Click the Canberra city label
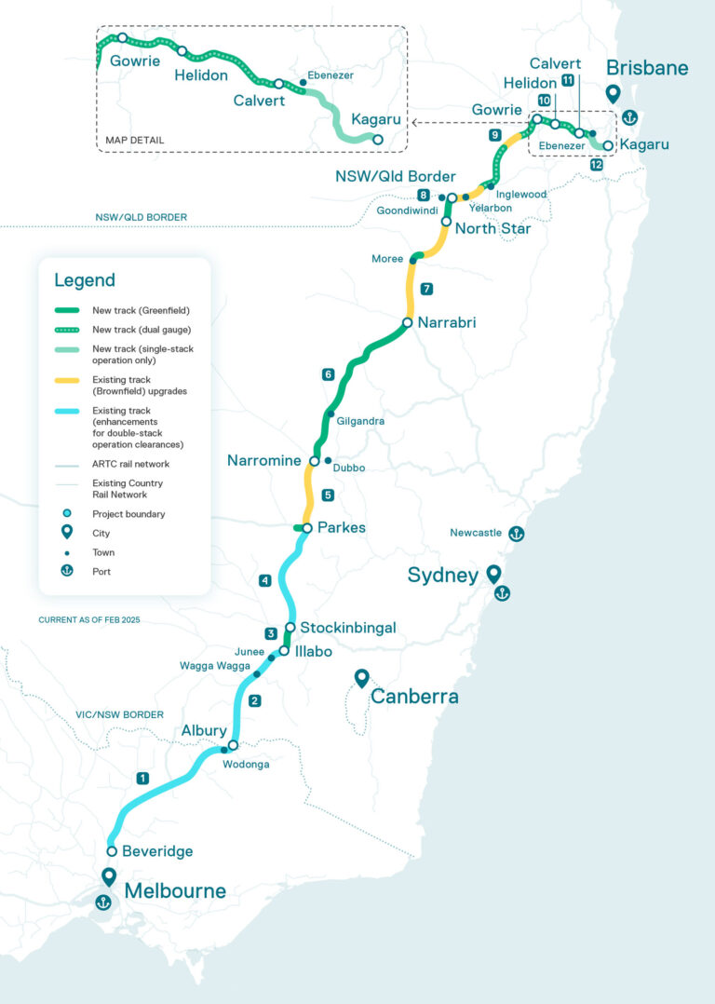(414, 697)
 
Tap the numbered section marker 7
(426, 289)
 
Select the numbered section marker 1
(142, 778)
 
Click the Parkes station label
(342, 527)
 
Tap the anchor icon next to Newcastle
(515, 534)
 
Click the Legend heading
(85, 280)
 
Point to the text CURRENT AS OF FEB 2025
(88, 619)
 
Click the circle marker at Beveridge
(112, 851)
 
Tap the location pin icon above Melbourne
(109, 877)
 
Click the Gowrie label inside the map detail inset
(135, 61)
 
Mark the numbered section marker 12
(596, 164)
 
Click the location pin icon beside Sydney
(492, 573)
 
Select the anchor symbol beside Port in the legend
(67, 571)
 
